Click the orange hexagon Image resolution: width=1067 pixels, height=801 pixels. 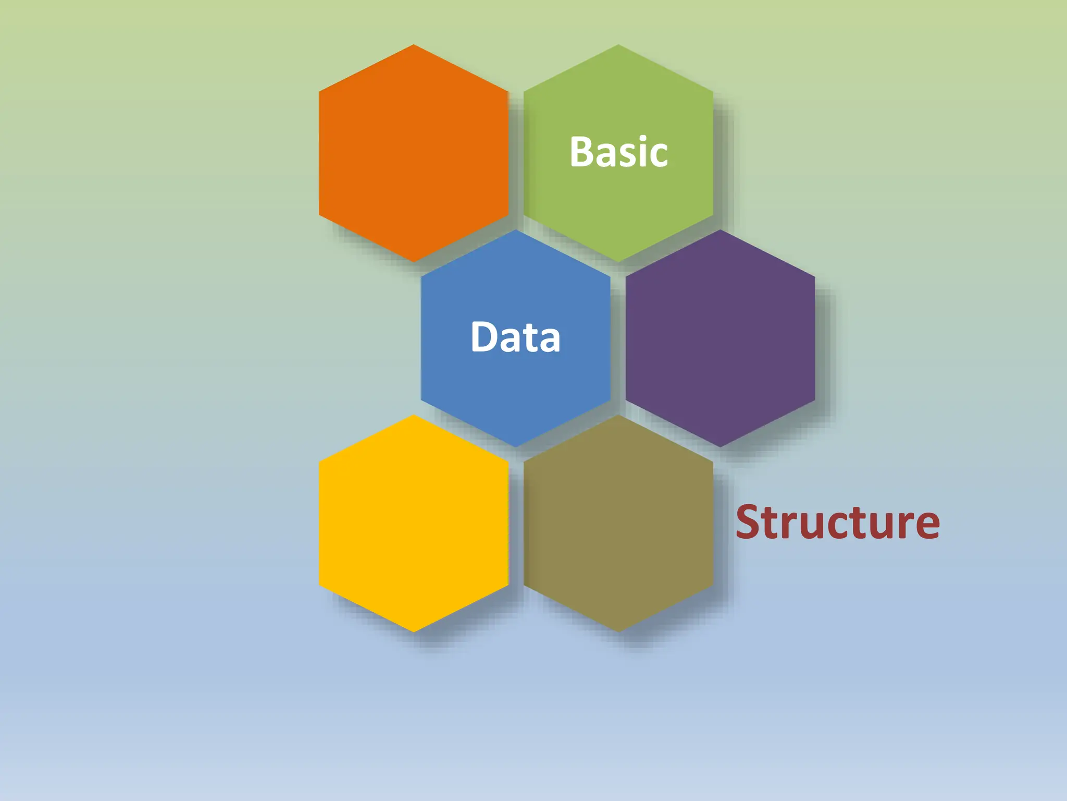point(413,153)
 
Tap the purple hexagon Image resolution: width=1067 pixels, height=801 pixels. point(720,338)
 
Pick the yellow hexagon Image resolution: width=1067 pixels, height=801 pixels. point(413,523)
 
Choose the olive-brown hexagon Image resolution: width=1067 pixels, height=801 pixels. point(618,523)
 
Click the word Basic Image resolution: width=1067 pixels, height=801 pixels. point(618,152)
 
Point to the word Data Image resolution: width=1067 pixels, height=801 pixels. point(515,337)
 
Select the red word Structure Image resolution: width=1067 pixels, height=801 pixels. point(837,522)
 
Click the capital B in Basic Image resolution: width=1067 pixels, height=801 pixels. point(582,152)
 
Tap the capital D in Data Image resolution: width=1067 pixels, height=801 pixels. point(484,337)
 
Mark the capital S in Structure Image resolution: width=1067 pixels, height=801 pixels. point(749,522)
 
